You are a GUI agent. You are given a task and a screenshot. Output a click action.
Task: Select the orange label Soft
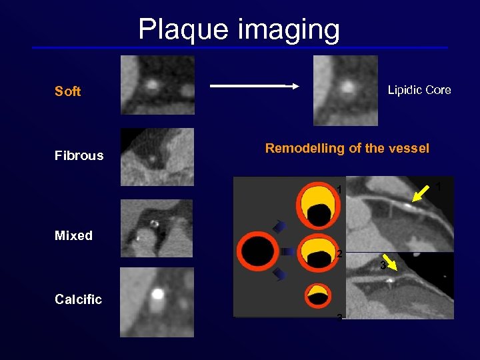tap(67, 92)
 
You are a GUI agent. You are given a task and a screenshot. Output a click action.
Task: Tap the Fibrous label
tap(79, 156)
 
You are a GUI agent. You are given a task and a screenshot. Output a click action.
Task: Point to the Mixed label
tap(73, 236)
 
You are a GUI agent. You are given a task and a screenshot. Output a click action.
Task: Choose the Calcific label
tap(78, 300)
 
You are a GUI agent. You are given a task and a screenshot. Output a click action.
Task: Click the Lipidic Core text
tap(419, 90)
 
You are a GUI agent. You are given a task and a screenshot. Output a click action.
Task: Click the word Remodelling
tap(305, 149)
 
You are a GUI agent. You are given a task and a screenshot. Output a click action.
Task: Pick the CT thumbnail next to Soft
tap(157, 85)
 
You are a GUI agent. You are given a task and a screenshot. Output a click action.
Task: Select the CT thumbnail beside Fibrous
tap(157, 157)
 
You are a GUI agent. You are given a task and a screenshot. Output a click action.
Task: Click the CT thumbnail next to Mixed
tap(157, 229)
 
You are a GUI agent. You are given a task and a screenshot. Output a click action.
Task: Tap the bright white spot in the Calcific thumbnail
tap(158, 293)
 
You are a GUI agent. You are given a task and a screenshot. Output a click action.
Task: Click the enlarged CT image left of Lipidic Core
tap(345, 91)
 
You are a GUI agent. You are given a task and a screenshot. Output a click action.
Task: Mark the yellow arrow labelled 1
tap(421, 193)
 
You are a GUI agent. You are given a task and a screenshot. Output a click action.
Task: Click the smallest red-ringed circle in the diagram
tap(318, 295)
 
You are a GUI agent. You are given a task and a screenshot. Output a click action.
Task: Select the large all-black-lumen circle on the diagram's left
tap(261, 251)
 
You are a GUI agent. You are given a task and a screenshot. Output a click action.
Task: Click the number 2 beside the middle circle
tap(339, 254)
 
